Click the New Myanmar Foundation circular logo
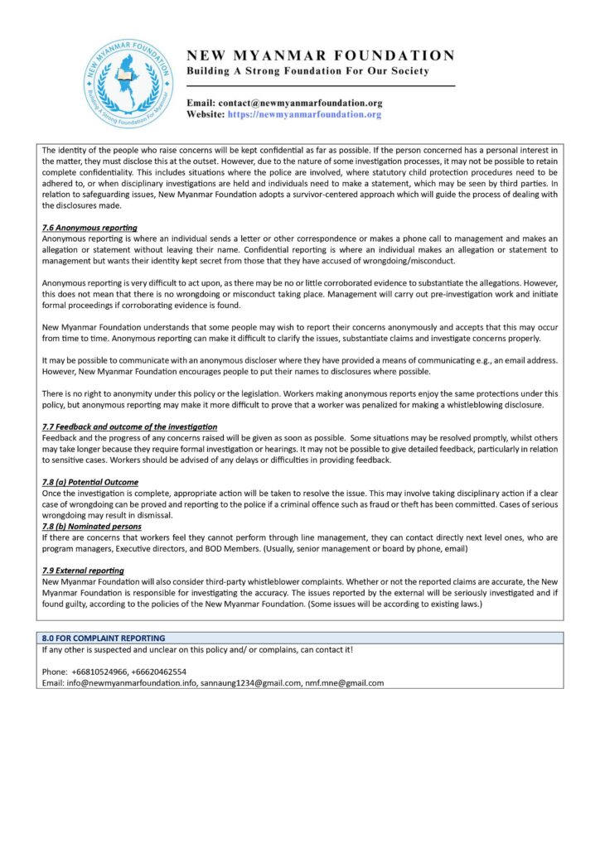tap(129, 84)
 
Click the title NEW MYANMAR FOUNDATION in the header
tap(320, 55)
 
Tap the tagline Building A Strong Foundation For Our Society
tap(307, 71)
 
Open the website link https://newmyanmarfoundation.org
tap(304, 114)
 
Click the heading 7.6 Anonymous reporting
tap(90, 228)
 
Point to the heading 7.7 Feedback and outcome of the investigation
tap(129, 426)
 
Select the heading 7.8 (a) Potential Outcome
tap(90, 482)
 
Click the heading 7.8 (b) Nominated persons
tap(91, 526)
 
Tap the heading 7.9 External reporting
tap(83, 571)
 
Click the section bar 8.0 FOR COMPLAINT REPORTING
tap(104, 638)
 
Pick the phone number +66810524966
tap(98, 672)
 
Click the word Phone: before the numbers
tap(55, 672)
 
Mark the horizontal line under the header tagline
tap(321, 85)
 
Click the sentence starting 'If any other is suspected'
tap(197, 649)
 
